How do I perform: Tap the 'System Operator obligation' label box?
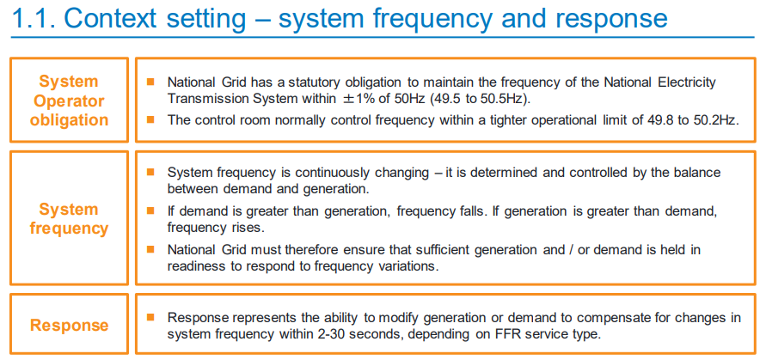coord(69,101)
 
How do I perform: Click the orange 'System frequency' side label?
coord(69,218)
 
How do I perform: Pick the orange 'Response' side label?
coord(69,325)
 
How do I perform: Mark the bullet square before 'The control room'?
coord(150,119)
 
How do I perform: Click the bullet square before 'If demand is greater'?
coord(150,211)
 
